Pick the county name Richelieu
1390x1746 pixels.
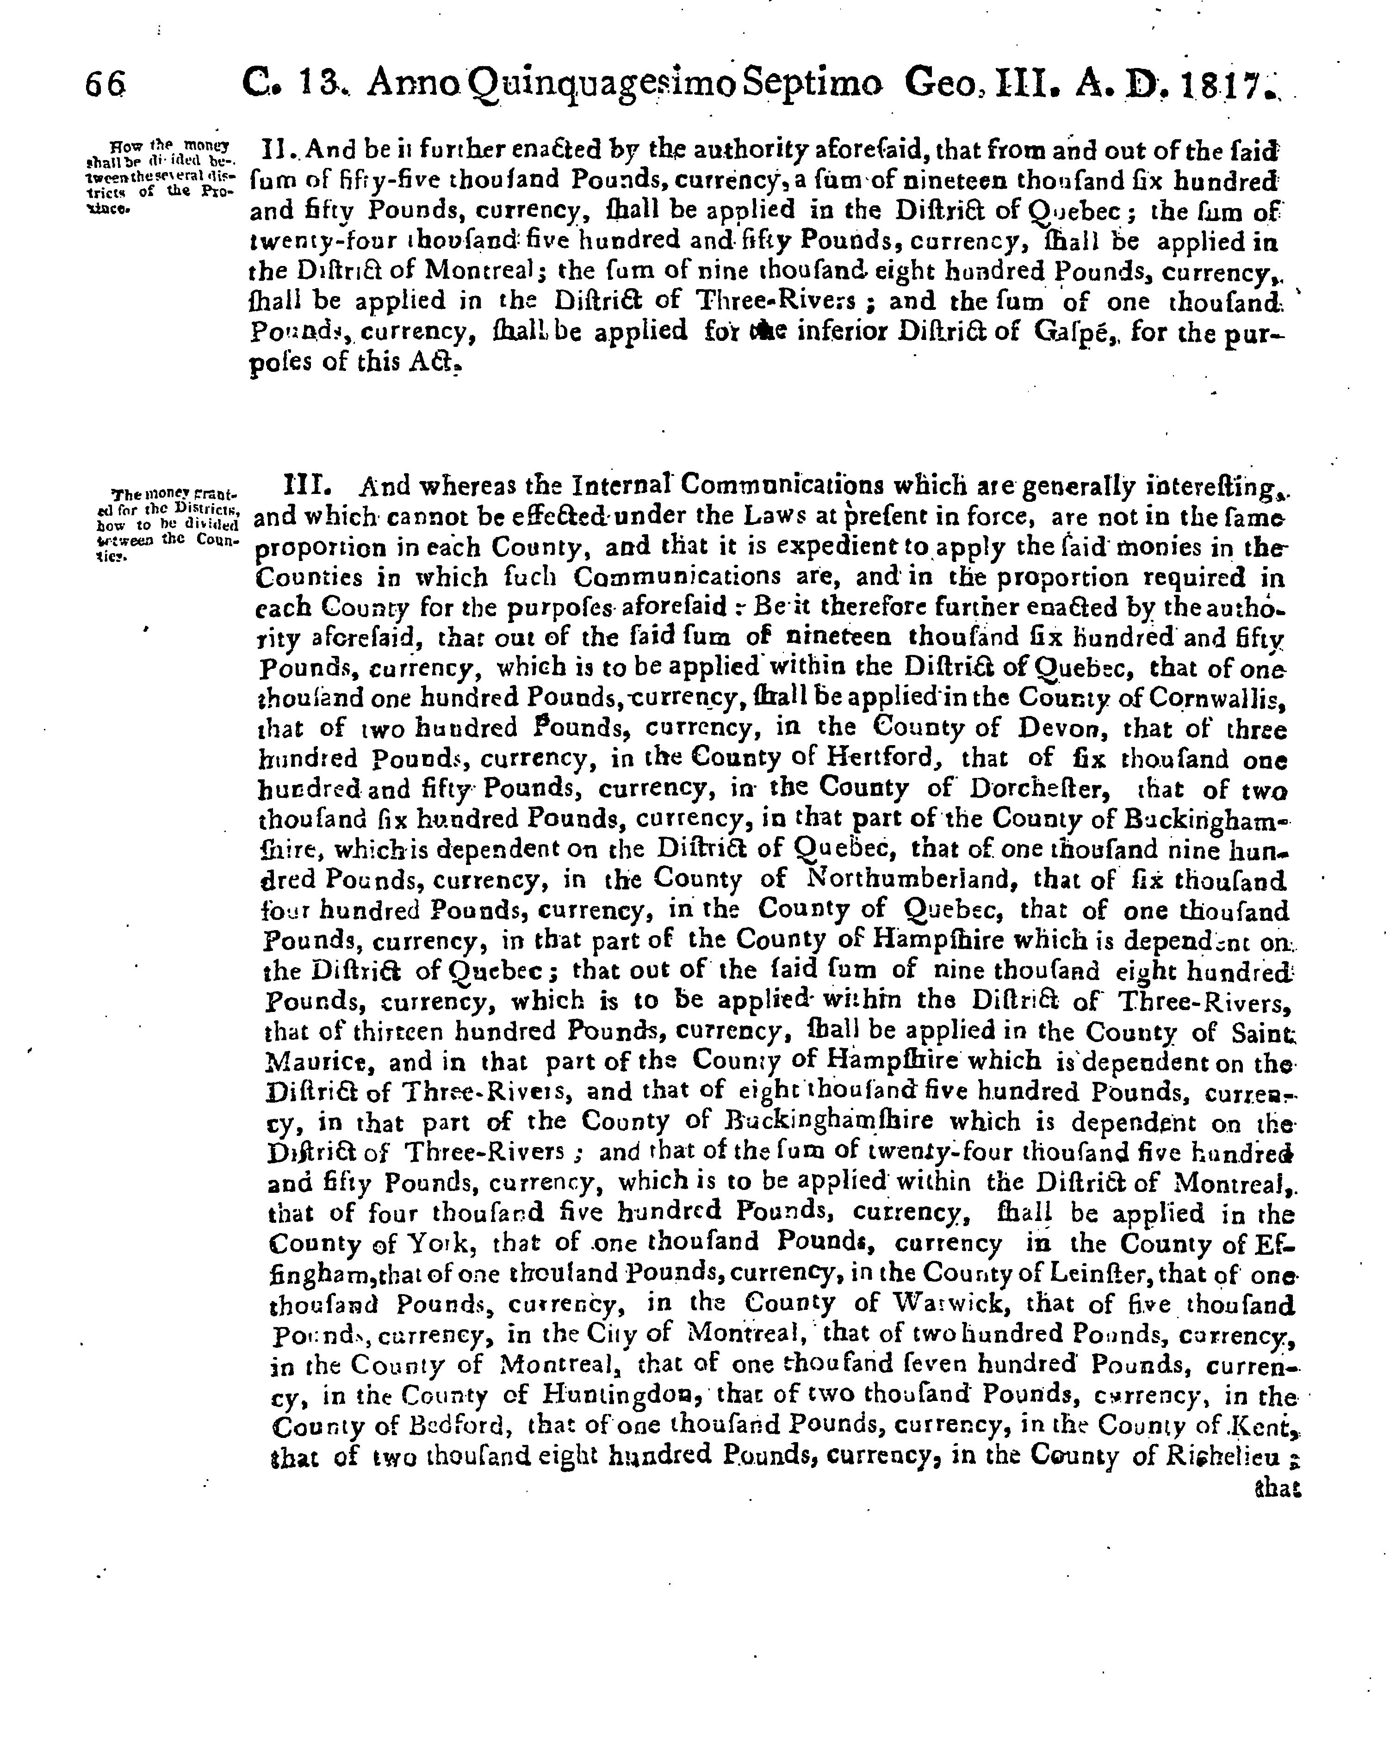pyautogui.click(x=1222, y=1455)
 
